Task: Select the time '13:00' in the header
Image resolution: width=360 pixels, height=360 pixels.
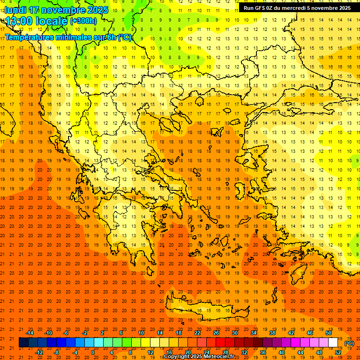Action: pos(19,21)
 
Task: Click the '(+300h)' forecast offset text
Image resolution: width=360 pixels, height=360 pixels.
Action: pos(83,21)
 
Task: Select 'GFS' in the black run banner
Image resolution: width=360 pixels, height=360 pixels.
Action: pos(262,8)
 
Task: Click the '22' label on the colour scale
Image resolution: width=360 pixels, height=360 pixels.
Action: pos(197,333)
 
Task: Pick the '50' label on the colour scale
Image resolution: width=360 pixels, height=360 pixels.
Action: pos(329,333)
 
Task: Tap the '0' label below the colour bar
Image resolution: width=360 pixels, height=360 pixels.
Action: pos(92,352)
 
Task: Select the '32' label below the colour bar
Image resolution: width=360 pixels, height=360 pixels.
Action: pos(244,352)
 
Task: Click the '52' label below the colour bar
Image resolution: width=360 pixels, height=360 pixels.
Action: pos(338,352)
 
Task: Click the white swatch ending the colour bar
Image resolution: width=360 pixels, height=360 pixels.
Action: pos(333,343)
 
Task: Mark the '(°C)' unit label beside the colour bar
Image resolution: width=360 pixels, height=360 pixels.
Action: pos(349,343)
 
